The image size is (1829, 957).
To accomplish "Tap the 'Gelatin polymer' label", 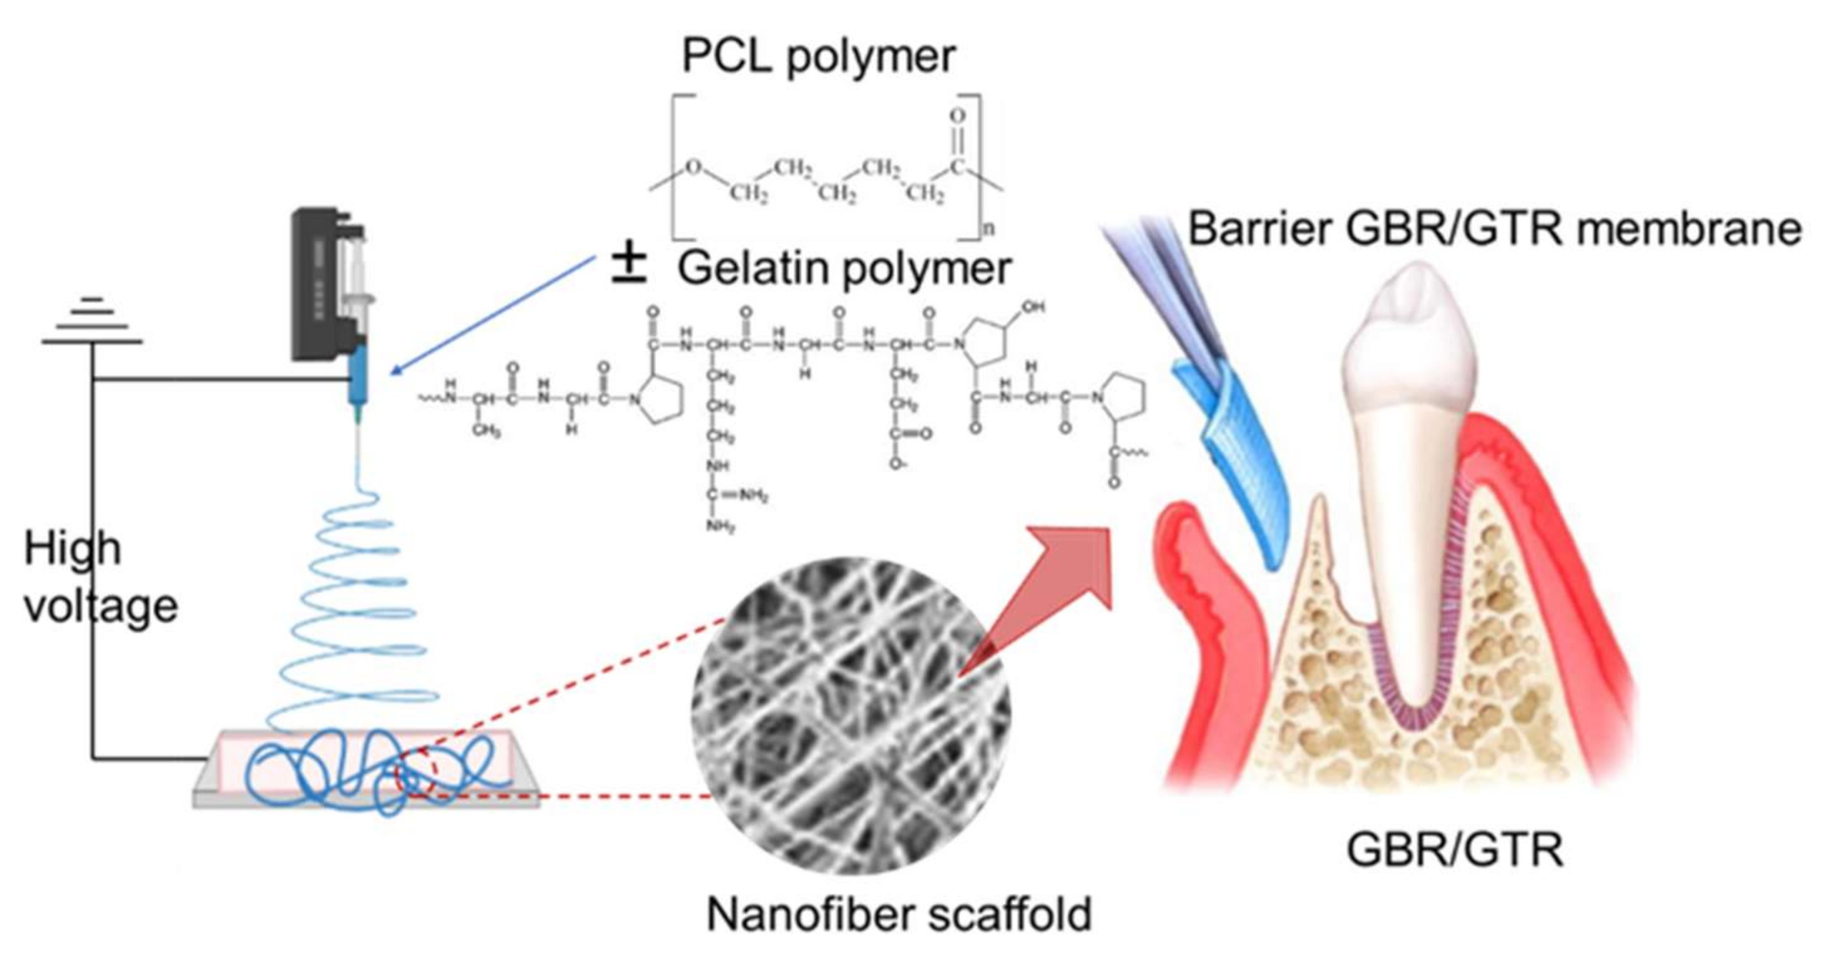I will click(x=844, y=268).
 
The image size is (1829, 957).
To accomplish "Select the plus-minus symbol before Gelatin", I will click(x=628, y=267).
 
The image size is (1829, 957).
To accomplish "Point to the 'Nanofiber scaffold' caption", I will click(x=898, y=914).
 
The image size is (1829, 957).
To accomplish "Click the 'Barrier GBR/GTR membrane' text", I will click(x=1495, y=229).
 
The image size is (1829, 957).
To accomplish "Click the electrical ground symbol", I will click(x=92, y=323).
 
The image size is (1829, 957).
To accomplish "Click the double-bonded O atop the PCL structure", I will click(x=958, y=115).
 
